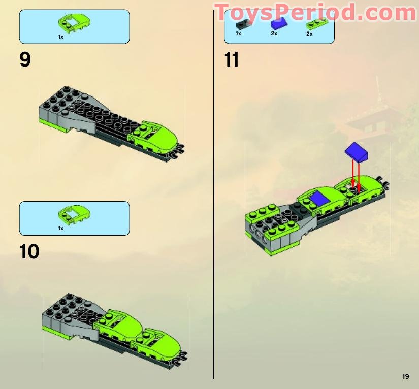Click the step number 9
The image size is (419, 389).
point(25,60)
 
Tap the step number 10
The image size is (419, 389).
point(30,252)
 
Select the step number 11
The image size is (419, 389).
point(232,60)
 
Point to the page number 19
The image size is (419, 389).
point(405,376)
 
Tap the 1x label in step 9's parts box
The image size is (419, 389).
point(60,37)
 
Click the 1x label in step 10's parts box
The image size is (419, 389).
point(60,229)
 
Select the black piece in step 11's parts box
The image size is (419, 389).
point(244,23)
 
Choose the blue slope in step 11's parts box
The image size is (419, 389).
point(278,23)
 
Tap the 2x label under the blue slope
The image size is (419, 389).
point(274,34)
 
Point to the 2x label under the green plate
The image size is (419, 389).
point(309,34)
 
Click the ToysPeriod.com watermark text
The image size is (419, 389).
point(315,12)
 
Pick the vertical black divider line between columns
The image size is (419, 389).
point(214,203)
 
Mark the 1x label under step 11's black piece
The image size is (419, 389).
point(239,34)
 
